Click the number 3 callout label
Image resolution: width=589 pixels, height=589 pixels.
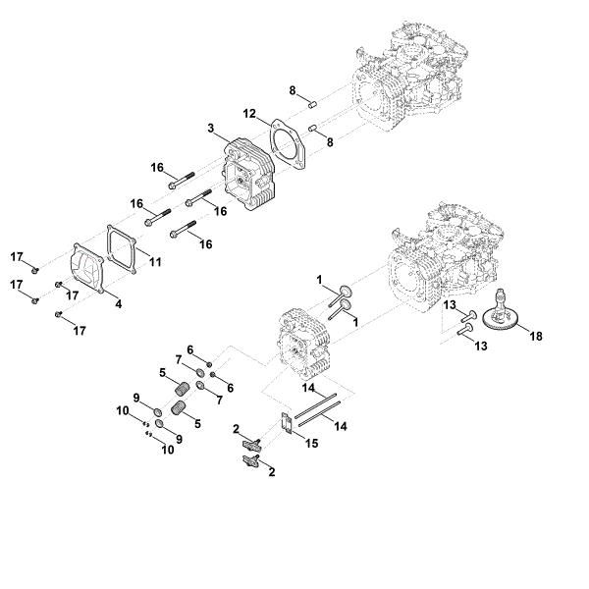click(x=211, y=129)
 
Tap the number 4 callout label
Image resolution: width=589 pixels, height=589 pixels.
click(x=119, y=303)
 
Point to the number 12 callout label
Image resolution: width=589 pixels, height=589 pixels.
click(x=250, y=115)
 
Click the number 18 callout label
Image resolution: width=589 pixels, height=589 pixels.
click(x=535, y=336)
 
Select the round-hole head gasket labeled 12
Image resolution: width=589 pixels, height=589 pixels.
click(x=285, y=143)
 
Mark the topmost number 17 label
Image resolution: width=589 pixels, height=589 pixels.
click(x=17, y=256)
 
